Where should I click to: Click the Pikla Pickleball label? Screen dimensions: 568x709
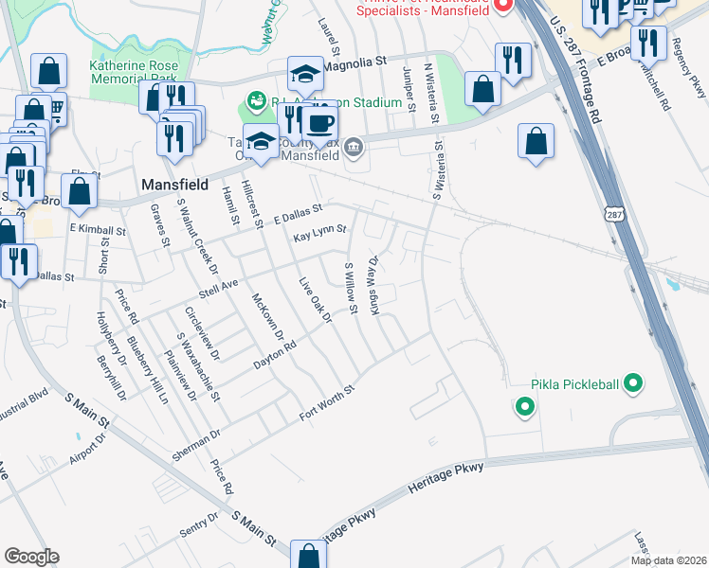(574, 384)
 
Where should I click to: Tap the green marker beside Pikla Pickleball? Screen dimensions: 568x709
(634, 383)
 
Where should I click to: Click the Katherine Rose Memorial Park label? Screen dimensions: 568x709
(134, 73)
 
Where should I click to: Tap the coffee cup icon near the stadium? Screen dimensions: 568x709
(319, 122)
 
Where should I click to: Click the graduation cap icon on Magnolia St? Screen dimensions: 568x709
(306, 74)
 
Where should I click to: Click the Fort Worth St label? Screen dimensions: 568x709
(325, 401)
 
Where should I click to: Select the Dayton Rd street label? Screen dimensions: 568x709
(275, 355)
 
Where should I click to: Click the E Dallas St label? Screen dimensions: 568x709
(297, 211)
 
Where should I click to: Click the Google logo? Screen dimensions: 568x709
(31, 557)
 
